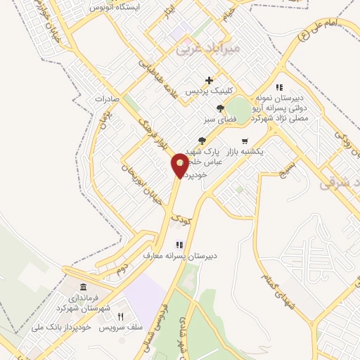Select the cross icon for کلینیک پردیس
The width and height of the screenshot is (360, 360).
[209, 79]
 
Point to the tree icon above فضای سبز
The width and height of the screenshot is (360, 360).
[221, 108]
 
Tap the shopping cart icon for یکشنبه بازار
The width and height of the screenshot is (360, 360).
[244, 141]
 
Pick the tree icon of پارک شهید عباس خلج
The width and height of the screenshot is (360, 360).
[202, 141]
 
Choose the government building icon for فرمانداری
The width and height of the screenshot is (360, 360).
[84, 288]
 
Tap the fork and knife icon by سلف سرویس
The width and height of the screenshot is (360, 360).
[120, 317]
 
